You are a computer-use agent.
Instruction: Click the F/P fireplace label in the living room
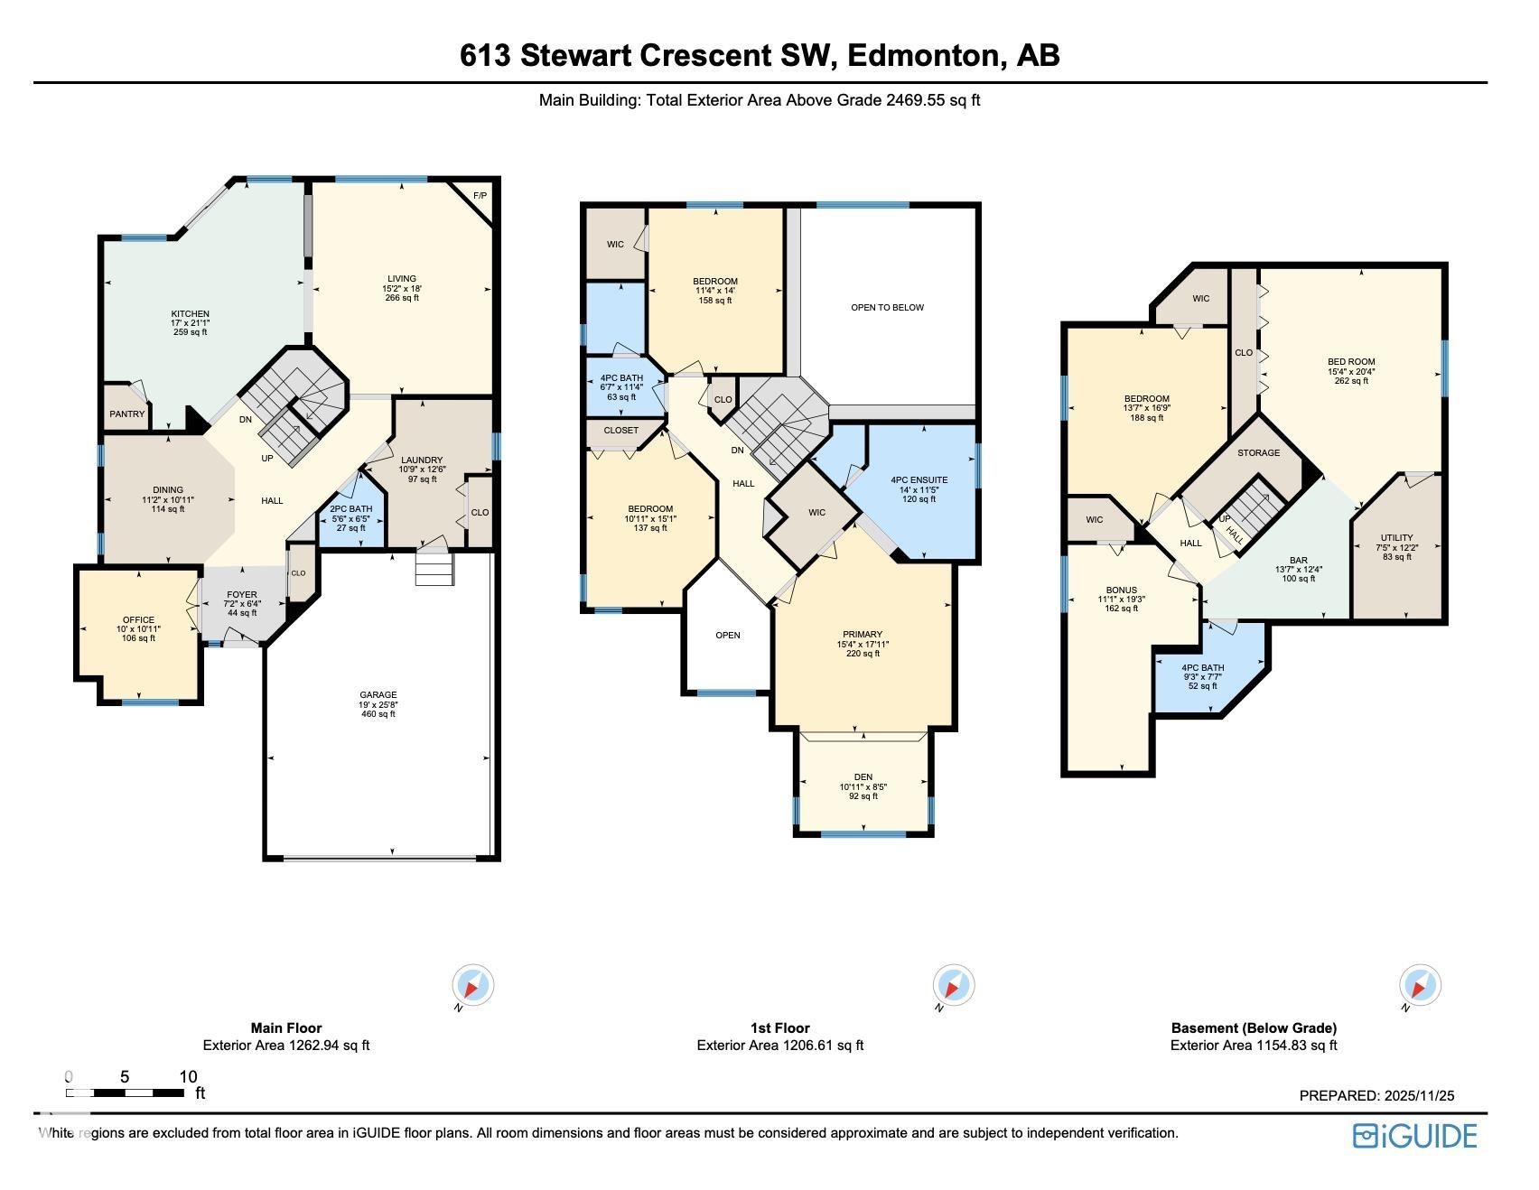pos(480,195)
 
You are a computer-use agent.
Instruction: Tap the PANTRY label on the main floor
pos(127,414)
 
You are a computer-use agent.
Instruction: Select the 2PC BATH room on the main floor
pos(350,518)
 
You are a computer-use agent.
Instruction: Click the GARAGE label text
pos(378,695)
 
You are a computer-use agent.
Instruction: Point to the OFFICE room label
pos(138,620)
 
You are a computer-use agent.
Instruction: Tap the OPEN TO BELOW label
pos(887,307)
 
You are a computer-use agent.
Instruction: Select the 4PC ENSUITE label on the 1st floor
pos(919,480)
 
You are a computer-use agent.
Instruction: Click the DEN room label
pos(863,777)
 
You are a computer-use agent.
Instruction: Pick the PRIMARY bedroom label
pos(863,635)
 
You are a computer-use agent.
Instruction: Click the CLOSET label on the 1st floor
pos(620,431)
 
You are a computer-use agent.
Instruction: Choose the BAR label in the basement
pos(1298,560)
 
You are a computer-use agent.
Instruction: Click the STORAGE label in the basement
pos(1258,452)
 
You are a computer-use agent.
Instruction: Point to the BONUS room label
pos(1121,590)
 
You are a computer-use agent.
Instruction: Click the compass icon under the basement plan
pos(1419,985)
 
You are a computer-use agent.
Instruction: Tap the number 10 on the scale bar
pos(188,1076)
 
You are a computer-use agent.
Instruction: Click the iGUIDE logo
pos(1413,1135)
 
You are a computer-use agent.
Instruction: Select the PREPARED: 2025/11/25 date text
pos(1376,1095)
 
